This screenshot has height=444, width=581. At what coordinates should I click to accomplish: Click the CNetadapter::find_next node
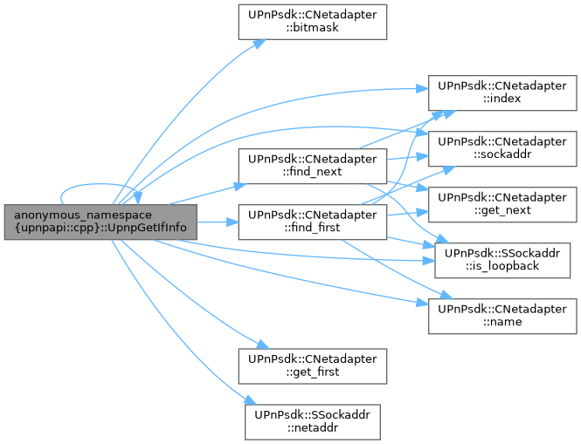pyautogui.click(x=312, y=166)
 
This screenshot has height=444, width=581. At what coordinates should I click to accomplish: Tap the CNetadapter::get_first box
pyautogui.click(x=312, y=365)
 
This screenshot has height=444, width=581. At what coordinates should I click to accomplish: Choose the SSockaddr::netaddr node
pyautogui.click(x=312, y=420)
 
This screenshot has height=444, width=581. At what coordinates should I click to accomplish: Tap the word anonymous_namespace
pyautogui.click(x=83, y=213)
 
